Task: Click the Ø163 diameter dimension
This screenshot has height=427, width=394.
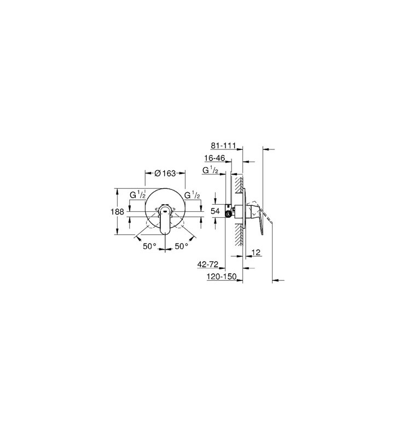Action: (x=165, y=173)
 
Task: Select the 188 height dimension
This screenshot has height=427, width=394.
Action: (x=117, y=212)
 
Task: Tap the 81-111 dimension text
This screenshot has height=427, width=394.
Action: (x=223, y=146)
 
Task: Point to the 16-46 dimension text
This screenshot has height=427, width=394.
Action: (x=215, y=158)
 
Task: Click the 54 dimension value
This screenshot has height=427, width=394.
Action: (x=215, y=211)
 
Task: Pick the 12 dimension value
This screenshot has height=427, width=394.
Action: (x=256, y=252)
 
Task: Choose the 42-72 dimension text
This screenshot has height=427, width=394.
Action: (x=208, y=264)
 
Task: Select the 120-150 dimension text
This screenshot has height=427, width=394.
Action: (x=222, y=276)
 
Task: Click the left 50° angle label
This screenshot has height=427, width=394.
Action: (x=149, y=246)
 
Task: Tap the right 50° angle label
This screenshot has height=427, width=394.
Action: (x=181, y=246)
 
